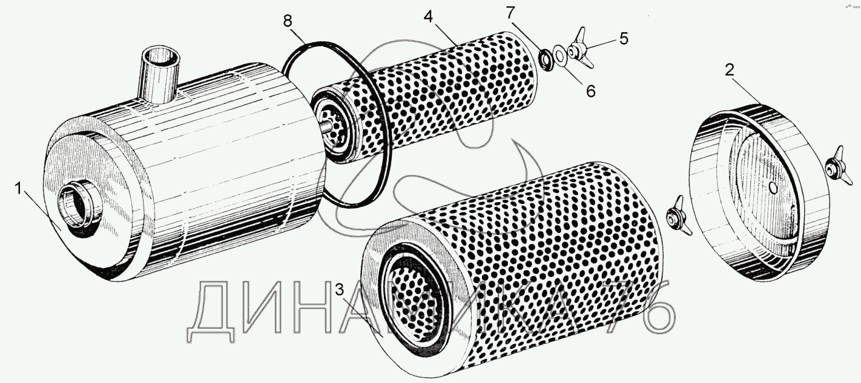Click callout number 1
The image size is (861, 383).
(x=18, y=189)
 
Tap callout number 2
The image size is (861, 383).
(x=730, y=69)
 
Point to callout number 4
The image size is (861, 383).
(x=428, y=16)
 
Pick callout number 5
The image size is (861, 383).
(x=623, y=39)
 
